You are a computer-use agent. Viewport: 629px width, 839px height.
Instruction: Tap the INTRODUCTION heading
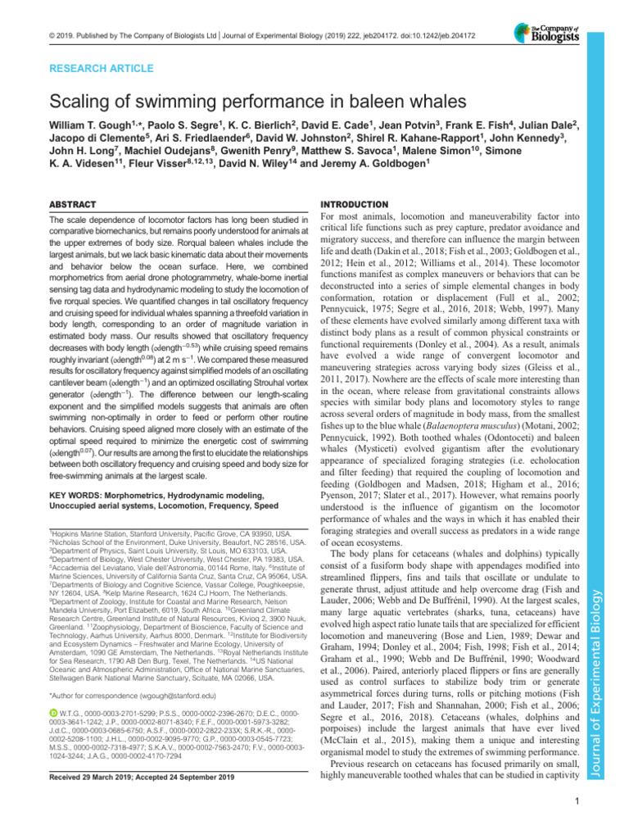(353, 203)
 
